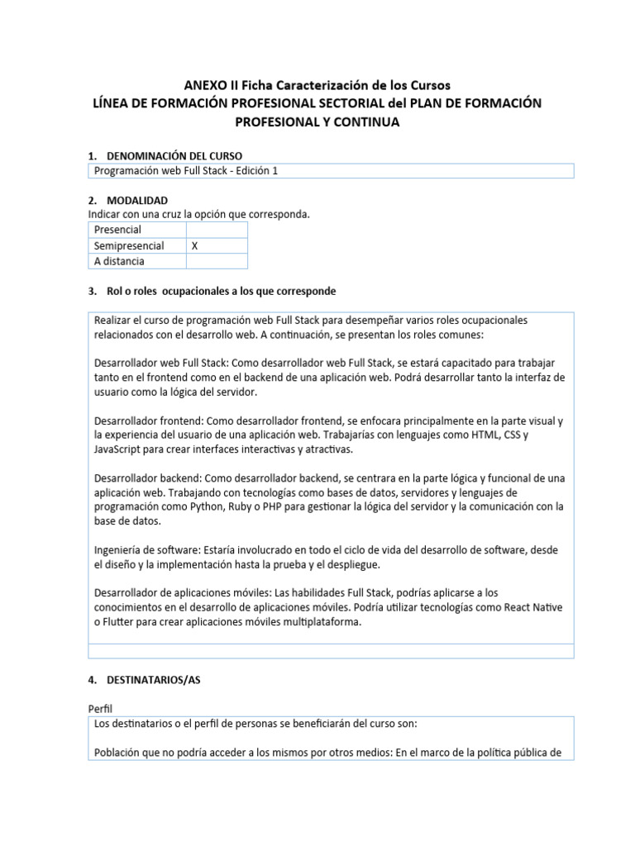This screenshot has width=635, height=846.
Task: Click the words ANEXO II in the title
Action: tap(211, 84)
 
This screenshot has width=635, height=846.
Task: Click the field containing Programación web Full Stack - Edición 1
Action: tap(330, 171)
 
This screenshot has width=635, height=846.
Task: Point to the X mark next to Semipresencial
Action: tap(194, 245)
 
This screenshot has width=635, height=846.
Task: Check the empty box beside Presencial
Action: tap(216, 230)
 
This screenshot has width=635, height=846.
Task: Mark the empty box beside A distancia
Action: tap(216, 261)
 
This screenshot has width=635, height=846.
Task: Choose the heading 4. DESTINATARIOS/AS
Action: tap(154, 680)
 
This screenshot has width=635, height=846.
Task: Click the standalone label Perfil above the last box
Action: tap(101, 709)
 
